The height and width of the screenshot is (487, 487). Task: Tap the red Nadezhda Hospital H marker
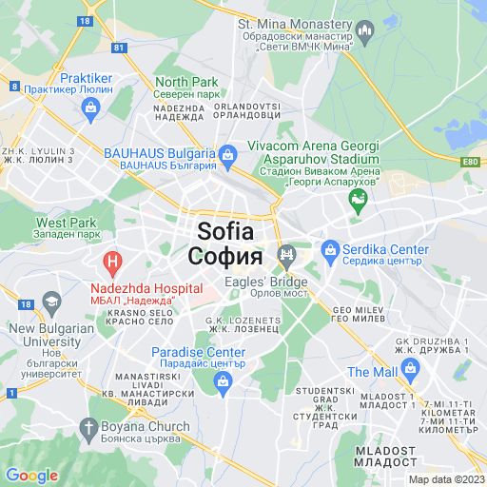point(112,259)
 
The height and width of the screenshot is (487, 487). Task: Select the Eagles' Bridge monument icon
point(284,254)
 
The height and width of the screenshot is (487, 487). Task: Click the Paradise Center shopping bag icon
point(224,382)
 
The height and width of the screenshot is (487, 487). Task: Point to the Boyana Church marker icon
point(90,428)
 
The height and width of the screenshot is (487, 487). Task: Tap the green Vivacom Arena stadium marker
point(358,199)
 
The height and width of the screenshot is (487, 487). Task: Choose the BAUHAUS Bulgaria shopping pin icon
point(227,153)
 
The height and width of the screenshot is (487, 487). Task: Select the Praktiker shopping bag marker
point(90,107)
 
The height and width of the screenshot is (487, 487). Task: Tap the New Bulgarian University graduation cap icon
point(49,303)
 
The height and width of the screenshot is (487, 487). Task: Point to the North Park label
point(186,82)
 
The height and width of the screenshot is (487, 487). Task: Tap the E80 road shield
point(471,162)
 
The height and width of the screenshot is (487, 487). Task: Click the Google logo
point(31,476)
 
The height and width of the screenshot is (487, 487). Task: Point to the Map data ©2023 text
point(446,479)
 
